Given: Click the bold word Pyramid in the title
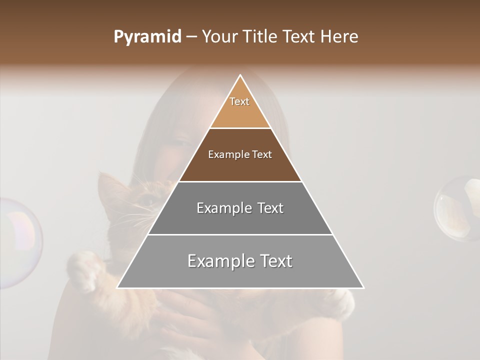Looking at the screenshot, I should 147,37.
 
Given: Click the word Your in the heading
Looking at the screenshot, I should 219,37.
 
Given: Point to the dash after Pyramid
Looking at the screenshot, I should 191,37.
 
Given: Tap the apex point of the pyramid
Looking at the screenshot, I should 240,75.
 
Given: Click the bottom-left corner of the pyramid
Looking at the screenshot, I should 118,287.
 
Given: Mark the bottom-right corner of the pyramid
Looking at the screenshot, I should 363,287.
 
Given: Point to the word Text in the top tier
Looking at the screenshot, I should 239,101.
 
